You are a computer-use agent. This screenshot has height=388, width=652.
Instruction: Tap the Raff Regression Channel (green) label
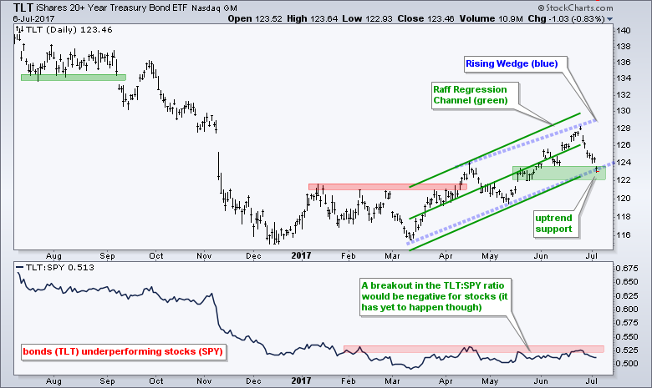tap(474, 94)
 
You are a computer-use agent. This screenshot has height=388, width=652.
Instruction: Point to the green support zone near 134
tap(73, 78)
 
